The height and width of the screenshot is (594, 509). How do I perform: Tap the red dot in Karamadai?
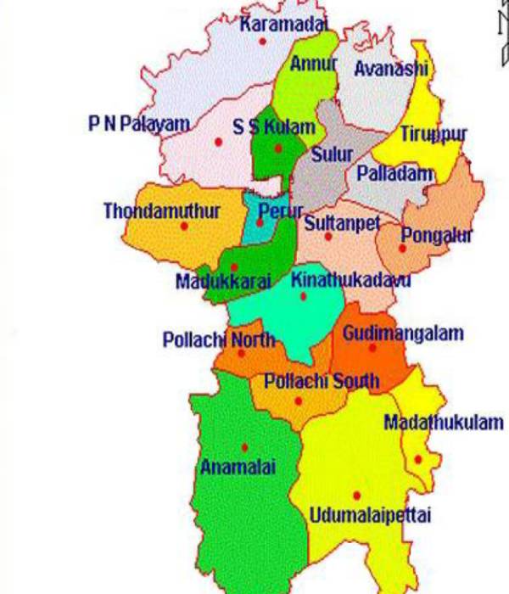pos(263,41)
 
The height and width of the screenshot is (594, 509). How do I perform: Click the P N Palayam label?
pos(138,125)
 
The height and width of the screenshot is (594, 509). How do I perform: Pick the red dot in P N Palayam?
pos(218,142)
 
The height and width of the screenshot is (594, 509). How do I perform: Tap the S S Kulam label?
pos(273,127)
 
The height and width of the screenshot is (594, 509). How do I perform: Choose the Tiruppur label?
pos(433,133)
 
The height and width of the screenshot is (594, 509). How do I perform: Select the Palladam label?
pos(395,174)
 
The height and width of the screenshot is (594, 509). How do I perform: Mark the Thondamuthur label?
pos(162,210)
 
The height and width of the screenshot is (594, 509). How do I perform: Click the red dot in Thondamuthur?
pos(184,226)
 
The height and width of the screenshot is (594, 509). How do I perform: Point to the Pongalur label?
pos(436,235)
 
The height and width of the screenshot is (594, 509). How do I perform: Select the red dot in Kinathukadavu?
pos(304,296)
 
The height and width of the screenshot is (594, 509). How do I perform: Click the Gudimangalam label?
pos(403,333)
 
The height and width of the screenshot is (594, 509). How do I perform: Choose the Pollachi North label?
pos(219,340)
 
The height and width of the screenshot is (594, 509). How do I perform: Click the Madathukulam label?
pos(444,422)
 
